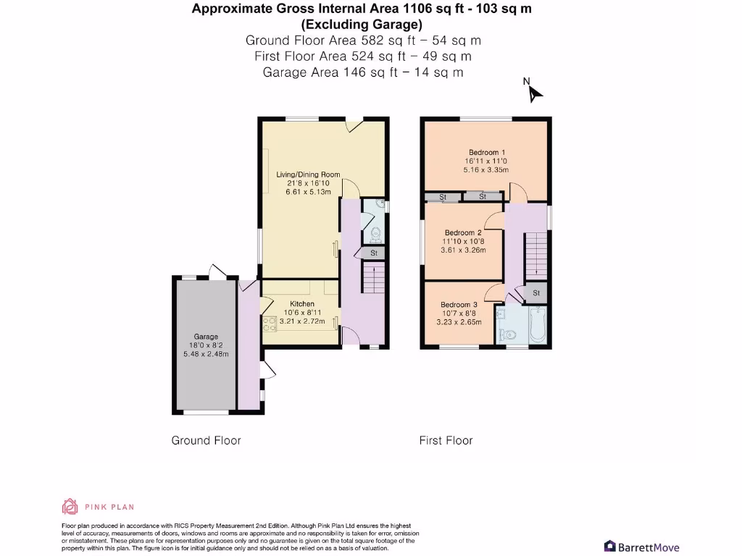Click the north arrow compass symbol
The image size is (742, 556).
pyautogui.click(x=535, y=94)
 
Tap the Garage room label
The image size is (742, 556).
pyautogui.click(x=206, y=337)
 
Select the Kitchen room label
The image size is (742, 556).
pyautogui.click(x=302, y=304)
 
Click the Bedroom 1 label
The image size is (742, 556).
pyautogui.click(x=487, y=152)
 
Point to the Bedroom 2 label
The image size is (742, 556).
pyautogui.click(x=463, y=232)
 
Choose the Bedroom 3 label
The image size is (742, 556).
pyautogui.click(x=459, y=305)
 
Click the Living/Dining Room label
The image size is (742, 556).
pyautogui.click(x=308, y=174)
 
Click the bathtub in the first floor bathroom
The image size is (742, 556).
pyautogui.click(x=538, y=324)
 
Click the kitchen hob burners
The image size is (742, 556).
pyautogui.click(x=270, y=324)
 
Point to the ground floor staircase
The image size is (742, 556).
pyautogui.click(x=374, y=279)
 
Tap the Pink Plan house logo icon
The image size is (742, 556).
pyautogui.click(x=70, y=506)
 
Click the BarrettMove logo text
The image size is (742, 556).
pyautogui.click(x=649, y=547)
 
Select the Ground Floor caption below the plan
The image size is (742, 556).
pyautogui.click(x=207, y=441)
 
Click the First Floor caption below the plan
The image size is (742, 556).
pyautogui.click(x=446, y=441)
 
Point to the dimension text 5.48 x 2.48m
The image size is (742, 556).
pyautogui.click(x=206, y=354)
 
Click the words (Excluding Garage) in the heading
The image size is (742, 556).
pyautogui.click(x=362, y=25)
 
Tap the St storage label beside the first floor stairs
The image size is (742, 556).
pyautogui.click(x=536, y=293)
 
